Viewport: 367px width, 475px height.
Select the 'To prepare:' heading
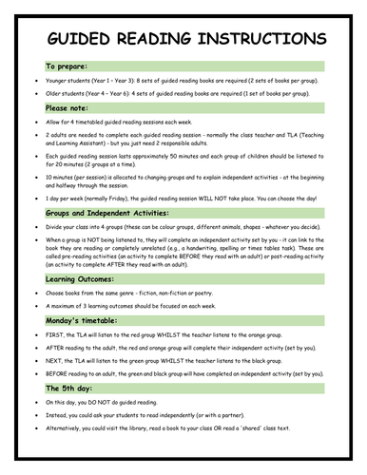65,68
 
